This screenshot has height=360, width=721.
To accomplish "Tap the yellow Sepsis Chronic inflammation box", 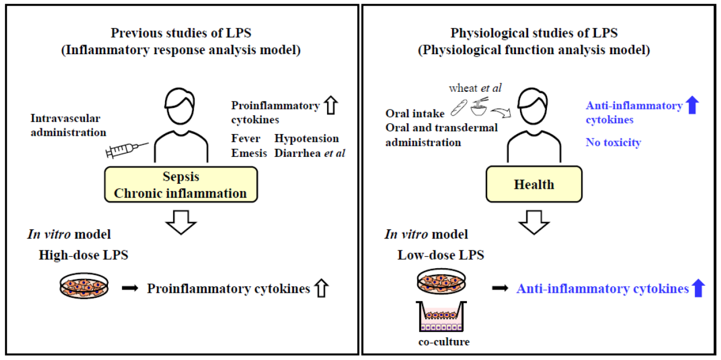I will click(x=180, y=185).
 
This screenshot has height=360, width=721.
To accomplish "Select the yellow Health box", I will click(x=533, y=184).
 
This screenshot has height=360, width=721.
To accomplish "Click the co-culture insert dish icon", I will click(x=444, y=318).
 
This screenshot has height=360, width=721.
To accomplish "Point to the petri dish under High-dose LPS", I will click(x=84, y=285).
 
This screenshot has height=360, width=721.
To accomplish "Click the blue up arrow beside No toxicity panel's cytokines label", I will click(x=692, y=106).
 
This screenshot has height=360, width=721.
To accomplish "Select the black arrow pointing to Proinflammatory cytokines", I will click(x=130, y=289).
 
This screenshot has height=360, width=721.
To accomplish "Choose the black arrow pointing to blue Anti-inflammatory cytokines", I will click(x=500, y=289).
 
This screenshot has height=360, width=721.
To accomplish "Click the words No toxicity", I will click(x=613, y=142).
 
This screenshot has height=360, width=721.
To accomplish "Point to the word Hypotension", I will click(x=307, y=139).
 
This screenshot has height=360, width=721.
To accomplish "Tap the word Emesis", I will click(x=246, y=153).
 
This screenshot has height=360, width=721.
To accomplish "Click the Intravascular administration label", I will click(x=69, y=126).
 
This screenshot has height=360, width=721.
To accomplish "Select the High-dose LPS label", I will click(x=83, y=255).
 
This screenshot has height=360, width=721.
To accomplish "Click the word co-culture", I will click(x=443, y=342).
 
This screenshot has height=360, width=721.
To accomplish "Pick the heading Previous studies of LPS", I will click(x=180, y=33).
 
